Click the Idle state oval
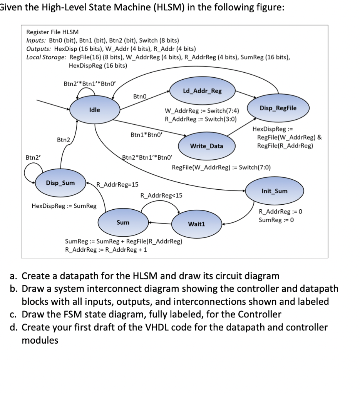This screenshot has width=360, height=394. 95,110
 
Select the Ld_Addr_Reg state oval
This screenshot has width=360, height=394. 202,91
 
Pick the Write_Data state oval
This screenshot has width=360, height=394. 207,146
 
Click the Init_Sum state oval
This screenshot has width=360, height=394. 274,191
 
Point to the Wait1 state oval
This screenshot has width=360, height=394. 196,224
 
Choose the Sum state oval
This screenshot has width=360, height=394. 123,222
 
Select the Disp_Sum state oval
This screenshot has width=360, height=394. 60,183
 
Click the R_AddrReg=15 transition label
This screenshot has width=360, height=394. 117,184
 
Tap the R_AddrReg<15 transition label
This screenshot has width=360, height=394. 161,195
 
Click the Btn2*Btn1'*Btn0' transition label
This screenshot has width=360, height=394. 147,157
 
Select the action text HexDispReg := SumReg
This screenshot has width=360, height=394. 64,206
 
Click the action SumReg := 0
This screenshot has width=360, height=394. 276,220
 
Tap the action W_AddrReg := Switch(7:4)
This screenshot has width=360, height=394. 199,112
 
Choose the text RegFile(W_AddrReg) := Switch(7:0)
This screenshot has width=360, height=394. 221,167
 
